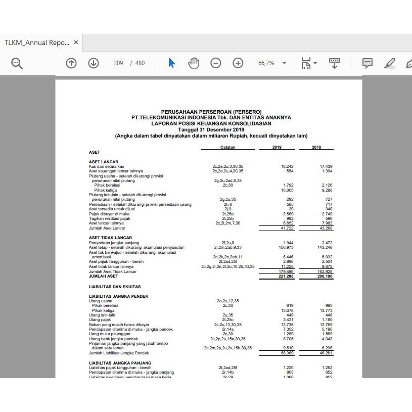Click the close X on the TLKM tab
click(76, 42)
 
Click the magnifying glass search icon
click(17, 63)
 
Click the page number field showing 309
click(118, 63)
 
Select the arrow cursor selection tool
click(171, 63)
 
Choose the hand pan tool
click(194, 63)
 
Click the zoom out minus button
click(216, 63)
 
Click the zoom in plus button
click(238, 63)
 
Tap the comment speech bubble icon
click(368, 63)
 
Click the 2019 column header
click(277, 147)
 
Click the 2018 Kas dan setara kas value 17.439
click(326, 166)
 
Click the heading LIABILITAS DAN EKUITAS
click(111, 287)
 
